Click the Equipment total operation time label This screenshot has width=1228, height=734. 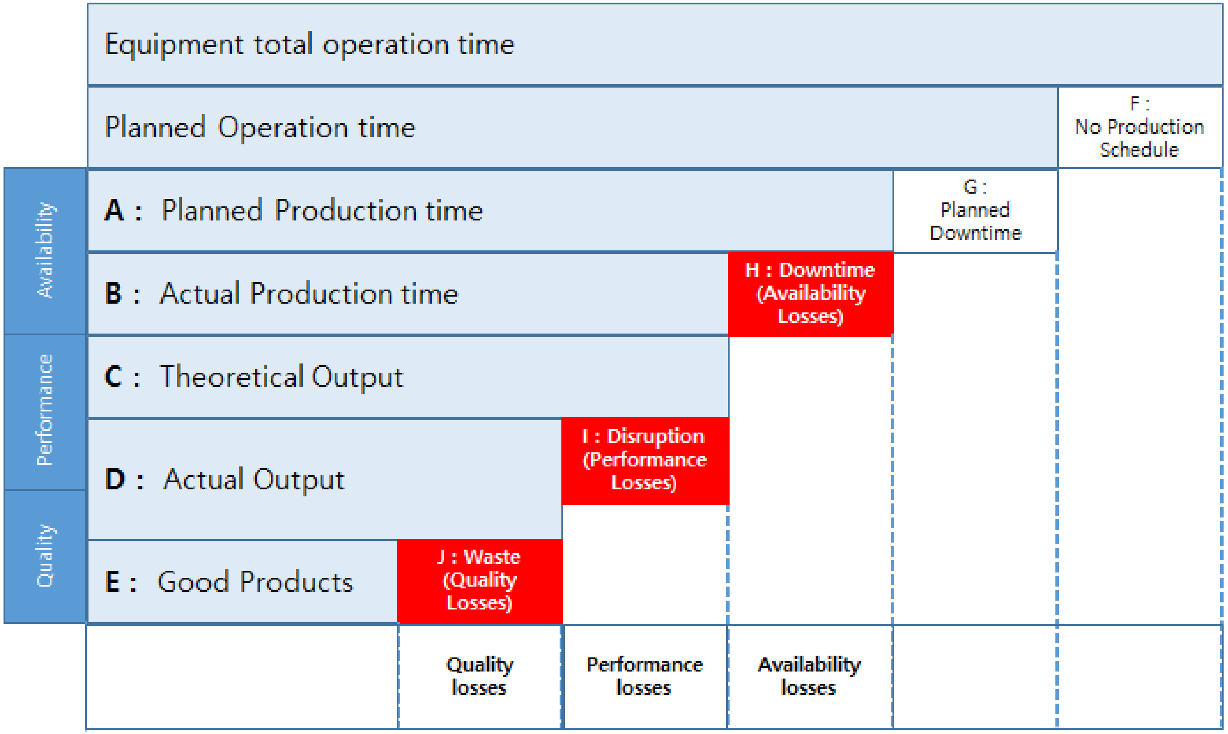click(310, 45)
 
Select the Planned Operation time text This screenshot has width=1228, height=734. click(260, 128)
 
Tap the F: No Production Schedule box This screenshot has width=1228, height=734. click(1139, 128)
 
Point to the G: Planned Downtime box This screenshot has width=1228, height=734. click(975, 211)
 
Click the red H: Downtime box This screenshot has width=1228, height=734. click(811, 294)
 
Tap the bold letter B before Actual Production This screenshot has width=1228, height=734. click(114, 294)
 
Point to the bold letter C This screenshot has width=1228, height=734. click(113, 376)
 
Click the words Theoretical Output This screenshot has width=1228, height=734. click(282, 377)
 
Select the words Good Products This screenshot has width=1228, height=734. click(256, 582)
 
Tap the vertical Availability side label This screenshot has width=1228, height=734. click(45, 250)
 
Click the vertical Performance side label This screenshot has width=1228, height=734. click(45, 410)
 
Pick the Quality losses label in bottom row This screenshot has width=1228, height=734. click(479, 676)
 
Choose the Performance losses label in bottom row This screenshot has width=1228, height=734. click(645, 676)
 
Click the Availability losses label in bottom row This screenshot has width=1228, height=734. click(809, 676)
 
